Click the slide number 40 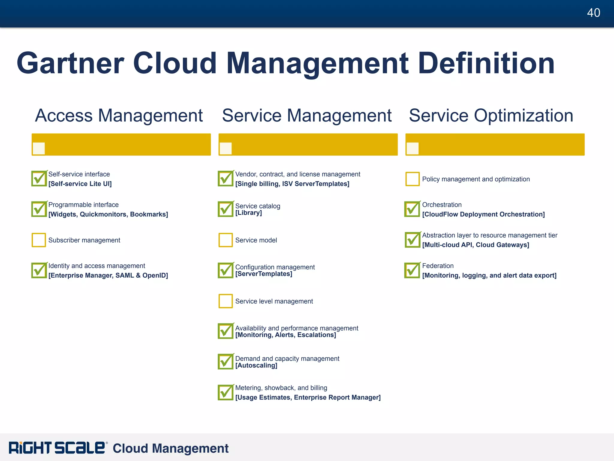593,13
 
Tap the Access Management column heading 119,116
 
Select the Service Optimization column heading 491,116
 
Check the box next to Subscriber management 39,240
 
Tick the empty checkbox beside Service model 225,240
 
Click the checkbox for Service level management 225,301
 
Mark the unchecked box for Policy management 412,179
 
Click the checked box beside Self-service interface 39,179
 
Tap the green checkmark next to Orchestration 412,209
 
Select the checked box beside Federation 412,270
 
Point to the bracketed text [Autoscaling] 256,366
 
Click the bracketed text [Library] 248,213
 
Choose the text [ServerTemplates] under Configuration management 264,274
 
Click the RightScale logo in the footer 57,448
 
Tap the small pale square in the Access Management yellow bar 39,148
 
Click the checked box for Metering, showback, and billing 225,393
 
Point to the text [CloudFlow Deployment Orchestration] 483,214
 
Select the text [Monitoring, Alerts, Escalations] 285,335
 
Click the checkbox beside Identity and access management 39,270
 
